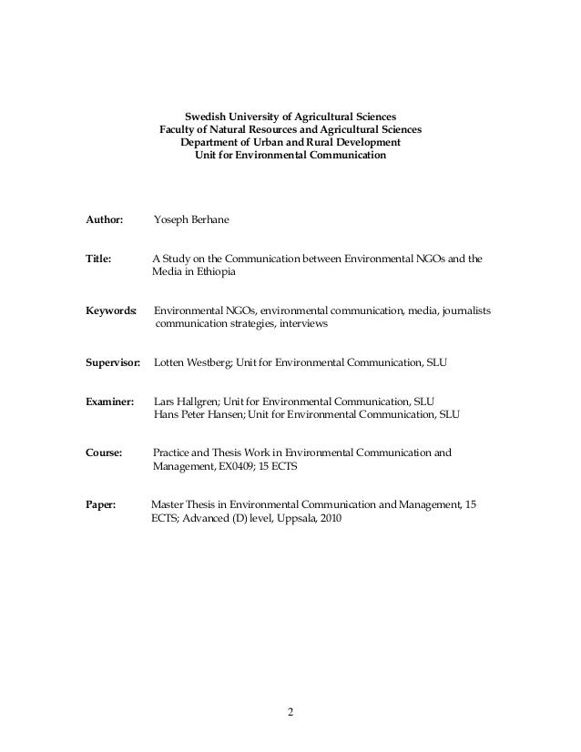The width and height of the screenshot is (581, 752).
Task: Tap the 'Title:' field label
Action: pyautogui.click(x=98, y=259)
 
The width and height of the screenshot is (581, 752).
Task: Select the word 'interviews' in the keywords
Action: pyautogui.click(x=300, y=324)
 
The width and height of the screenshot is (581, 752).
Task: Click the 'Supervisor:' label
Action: pyautogui.click(x=113, y=362)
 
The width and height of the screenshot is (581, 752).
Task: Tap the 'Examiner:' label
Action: pyautogui.click(x=109, y=401)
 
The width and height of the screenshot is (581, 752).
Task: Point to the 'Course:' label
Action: pyautogui.click(x=104, y=452)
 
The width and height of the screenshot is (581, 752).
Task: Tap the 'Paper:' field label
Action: pyautogui.click(x=100, y=504)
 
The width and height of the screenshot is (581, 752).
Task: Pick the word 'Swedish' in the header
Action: pyautogui.click(x=205, y=117)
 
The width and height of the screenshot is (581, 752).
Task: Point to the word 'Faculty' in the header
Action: pyautogui.click(x=179, y=130)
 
